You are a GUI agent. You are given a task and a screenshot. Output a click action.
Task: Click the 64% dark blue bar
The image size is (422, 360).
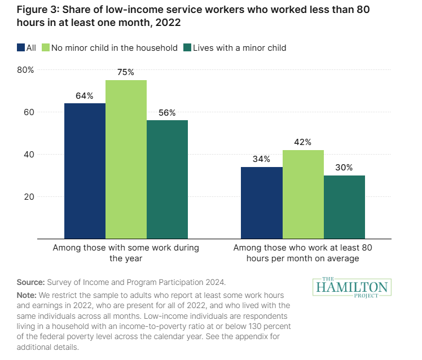(x=85, y=171)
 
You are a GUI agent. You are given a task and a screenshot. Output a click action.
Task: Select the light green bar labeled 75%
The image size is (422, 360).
(x=126, y=159)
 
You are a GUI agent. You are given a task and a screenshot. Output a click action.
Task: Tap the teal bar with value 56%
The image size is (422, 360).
(x=167, y=179)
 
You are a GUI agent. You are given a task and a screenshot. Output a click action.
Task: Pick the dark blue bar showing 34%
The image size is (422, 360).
(x=262, y=203)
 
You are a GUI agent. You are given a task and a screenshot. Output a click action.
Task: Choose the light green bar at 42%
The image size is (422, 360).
(x=303, y=194)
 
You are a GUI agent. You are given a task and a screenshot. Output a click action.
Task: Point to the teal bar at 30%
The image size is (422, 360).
(x=344, y=207)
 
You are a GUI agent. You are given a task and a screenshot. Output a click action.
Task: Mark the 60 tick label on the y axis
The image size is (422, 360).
(x=29, y=112)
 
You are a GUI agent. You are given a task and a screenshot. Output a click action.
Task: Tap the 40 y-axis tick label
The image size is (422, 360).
(x=29, y=155)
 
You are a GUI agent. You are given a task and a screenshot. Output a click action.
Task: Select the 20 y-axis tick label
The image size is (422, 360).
(x=29, y=197)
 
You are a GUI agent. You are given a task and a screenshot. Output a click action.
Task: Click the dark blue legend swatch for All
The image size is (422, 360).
(x=20, y=48)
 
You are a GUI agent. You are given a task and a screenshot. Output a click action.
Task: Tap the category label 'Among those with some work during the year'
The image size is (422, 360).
(x=126, y=253)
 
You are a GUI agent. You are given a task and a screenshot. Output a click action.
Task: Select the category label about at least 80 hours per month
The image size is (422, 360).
(x=303, y=253)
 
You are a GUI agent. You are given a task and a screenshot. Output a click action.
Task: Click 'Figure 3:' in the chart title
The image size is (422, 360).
(x=37, y=12)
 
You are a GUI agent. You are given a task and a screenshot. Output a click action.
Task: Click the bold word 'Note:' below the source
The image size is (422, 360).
(x=28, y=295)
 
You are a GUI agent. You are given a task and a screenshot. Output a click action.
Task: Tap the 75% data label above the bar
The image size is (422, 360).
(x=126, y=72)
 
